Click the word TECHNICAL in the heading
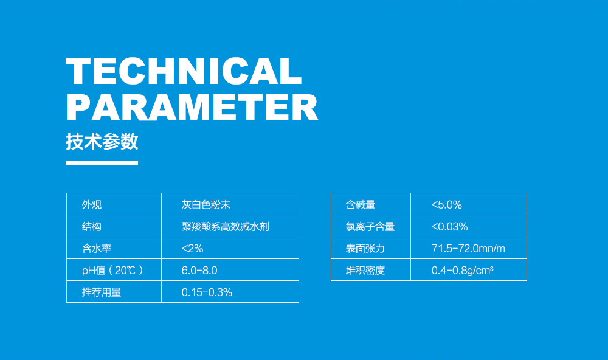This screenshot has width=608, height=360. tap(184, 72)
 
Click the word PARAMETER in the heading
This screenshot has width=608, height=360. tap(192, 108)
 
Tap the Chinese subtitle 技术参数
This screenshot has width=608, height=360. tap(102, 142)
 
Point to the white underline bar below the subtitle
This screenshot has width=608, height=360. tap(102, 162)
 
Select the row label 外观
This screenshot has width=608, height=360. tap(92, 205)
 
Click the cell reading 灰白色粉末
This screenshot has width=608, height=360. tap(206, 205)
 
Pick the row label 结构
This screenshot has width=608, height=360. tap(92, 227)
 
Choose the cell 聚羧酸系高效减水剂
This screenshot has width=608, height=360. tap(226, 227)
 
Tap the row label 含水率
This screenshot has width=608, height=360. tap(97, 249)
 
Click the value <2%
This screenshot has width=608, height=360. tap(192, 249)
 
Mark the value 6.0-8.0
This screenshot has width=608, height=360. tap(199, 271)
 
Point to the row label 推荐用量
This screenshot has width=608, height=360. tap(102, 292)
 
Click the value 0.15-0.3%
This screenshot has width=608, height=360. tap(207, 292)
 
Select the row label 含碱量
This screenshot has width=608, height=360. tap(361, 205)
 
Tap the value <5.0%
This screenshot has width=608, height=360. tap(447, 205)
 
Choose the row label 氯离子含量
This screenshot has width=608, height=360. tap(370, 227)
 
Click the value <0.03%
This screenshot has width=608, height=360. tap(449, 227)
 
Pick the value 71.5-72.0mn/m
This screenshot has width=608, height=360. tap(468, 249)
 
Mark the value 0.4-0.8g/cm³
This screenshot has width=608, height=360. tap(462, 271)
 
